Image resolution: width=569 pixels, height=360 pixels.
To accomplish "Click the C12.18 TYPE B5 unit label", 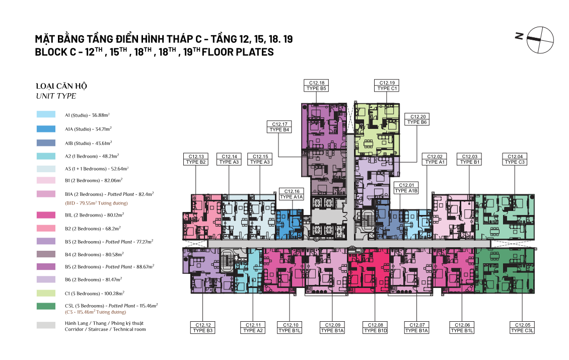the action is pyautogui.click(x=316, y=86).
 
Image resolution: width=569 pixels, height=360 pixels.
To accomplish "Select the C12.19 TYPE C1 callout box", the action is pyautogui.click(x=387, y=86).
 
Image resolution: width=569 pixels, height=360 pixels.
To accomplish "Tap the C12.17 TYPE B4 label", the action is pyautogui.click(x=279, y=127).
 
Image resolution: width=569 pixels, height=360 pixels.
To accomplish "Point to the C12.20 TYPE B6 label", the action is pyautogui.click(x=417, y=119).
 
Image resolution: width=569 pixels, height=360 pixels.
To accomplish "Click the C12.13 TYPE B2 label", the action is pyautogui.click(x=196, y=159).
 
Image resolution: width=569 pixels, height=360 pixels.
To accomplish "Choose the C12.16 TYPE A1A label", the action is pyautogui.click(x=292, y=194).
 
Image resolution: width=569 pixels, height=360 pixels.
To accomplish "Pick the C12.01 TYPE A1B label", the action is pyautogui.click(x=406, y=188).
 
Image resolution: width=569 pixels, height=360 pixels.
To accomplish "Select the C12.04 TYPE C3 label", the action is pyautogui.click(x=515, y=159).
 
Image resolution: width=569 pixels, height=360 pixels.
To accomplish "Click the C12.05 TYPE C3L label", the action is pyautogui.click(x=522, y=328).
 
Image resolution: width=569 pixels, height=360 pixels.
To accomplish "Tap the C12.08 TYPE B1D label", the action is pyautogui.click(x=375, y=328).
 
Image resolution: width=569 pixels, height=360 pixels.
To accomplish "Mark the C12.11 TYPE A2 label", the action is pyautogui.click(x=253, y=328).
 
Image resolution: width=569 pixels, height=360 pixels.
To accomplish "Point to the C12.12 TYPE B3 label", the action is pyautogui.click(x=203, y=328).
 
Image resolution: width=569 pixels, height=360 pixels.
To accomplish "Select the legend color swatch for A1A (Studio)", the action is pyautogui.click(x=46, y=129).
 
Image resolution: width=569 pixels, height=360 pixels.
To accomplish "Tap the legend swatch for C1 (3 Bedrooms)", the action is pyautogui.click(x=46, y=293).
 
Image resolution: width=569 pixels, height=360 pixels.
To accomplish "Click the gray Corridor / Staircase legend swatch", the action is pyautogui.click(x=46, y=325).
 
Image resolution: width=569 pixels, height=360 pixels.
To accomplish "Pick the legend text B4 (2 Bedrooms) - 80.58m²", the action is pyautogui.click(x=94, y=254).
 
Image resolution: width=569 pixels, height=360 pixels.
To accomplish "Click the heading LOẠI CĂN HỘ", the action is pyautogui.click(x=61, y=86).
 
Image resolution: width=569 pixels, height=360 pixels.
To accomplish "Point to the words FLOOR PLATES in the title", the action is pyautogui.click(x=238, y=52).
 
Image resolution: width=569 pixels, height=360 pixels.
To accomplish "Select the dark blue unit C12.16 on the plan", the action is pyautogui.click(x=289, y=225).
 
